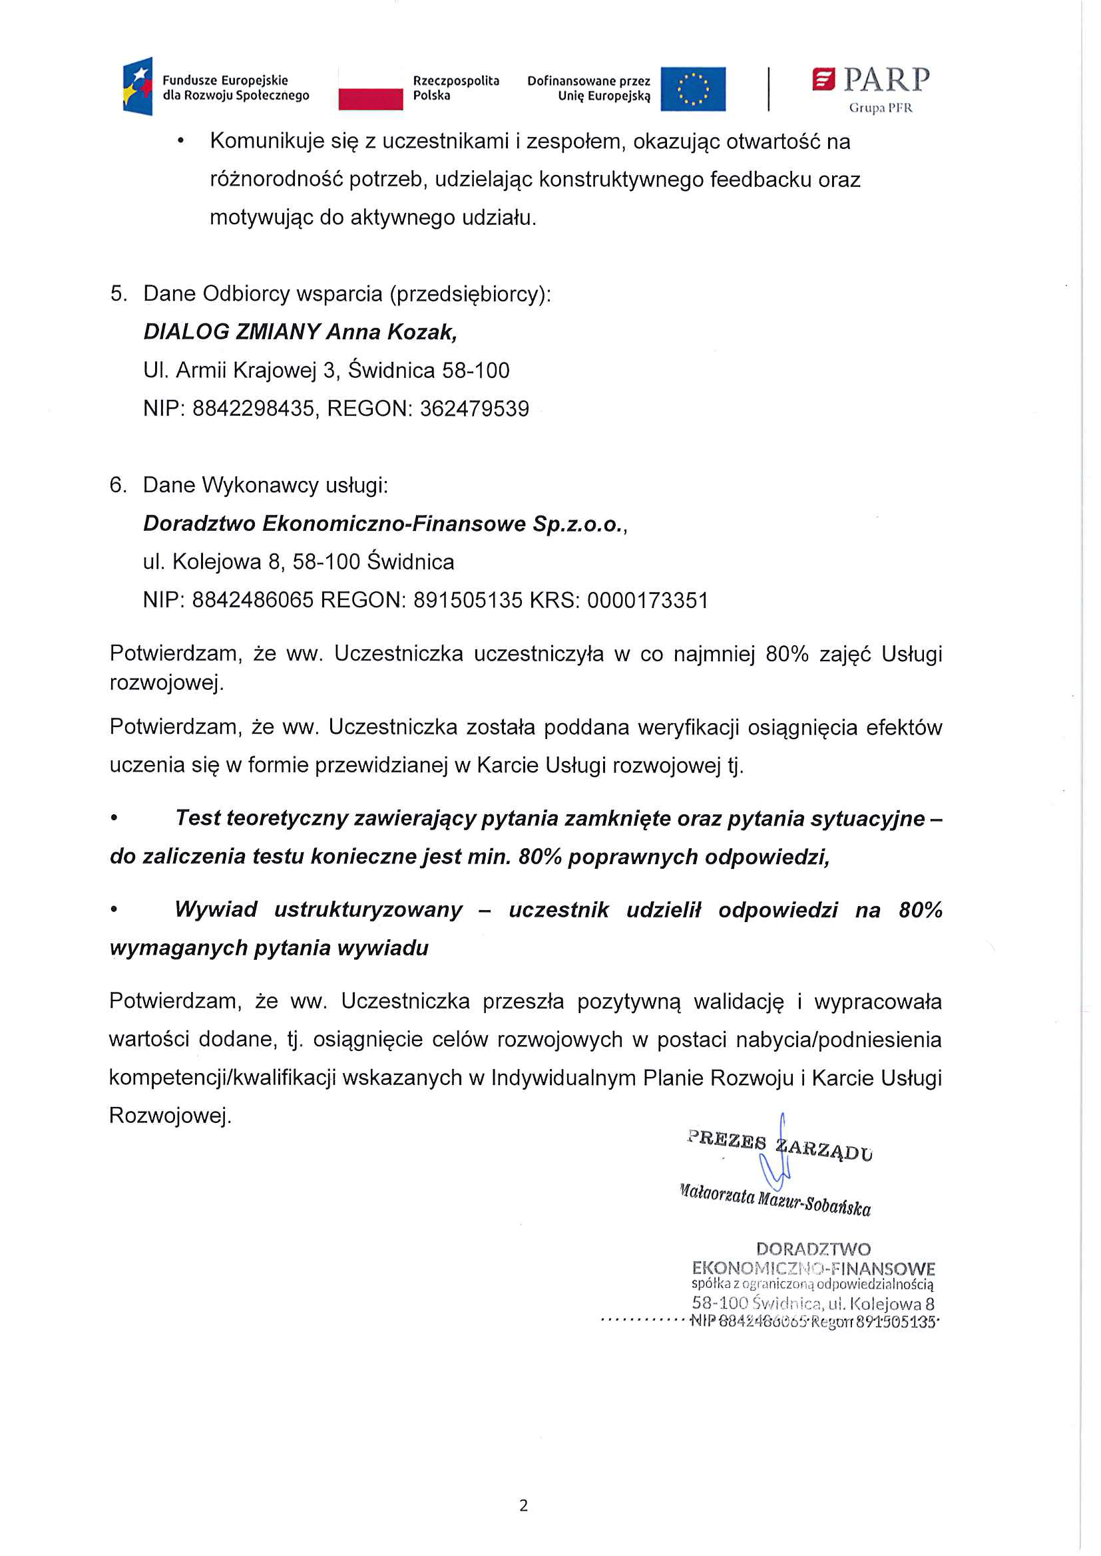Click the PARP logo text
pos(886,80)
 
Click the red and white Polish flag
pos(370,88)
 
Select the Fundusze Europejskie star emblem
pos(138,86)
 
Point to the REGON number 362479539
pos(474,408)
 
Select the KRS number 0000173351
pos(648,601)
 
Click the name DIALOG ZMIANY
pos(231,332)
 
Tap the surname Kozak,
pos(423,332)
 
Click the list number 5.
pos(118,293)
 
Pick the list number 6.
pos(118,485)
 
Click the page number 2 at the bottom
pos(523,1505)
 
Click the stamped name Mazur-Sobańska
pos(813,1203)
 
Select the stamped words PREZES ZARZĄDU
pos(779,1146)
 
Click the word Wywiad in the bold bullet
pos(216,909)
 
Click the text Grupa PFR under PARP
pos(881,108)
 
